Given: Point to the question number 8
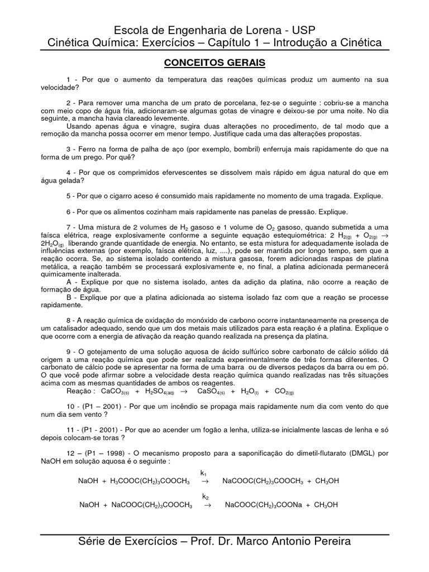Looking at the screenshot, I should point(69,319).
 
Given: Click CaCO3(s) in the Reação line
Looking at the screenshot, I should point(130,393).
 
